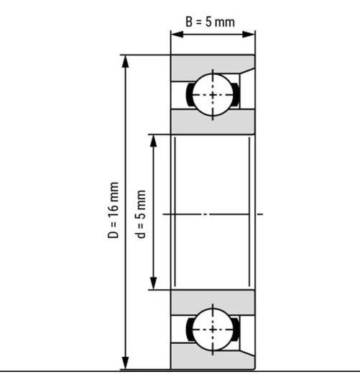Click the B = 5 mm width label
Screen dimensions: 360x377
point(210,22)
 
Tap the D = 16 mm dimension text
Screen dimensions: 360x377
point(113,210)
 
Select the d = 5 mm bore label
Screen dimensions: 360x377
point(142,214)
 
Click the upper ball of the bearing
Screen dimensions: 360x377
point(213,95)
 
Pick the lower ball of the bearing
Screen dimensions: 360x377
point(213,329)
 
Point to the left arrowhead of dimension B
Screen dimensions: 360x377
point(177,35)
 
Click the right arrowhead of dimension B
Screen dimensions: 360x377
point(249,35)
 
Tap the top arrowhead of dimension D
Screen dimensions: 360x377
point(125,62)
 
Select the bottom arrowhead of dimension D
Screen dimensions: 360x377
point(125,363)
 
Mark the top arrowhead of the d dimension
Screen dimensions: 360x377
point(153,140)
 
